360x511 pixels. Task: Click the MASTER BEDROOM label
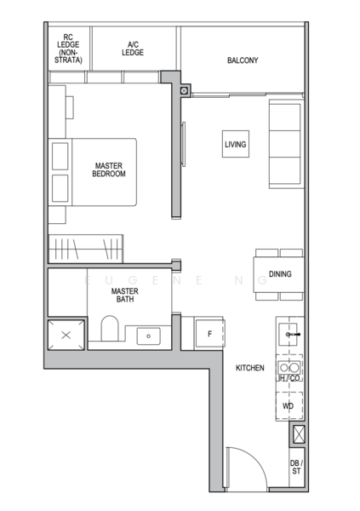pyautogui.click(x=109, y=169)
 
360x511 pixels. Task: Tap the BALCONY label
pyautogui.click(x=243, y=60)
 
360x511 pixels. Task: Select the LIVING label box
pyautogui.click(x=235, y=145)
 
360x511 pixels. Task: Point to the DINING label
pyautogui.click(x=280, y=274)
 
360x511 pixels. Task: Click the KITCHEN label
pyautogui.click(x=249, y=368)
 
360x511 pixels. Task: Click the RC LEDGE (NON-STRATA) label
pyautogui.click(x=69, y=49)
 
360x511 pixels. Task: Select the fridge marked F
pyautogui.click(x=209, y=334)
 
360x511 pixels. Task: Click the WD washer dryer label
pyautogui.click(x=289, y=407)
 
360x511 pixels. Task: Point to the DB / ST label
pyautogui.click(x=294, y=467)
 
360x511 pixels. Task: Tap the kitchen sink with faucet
pyautogui.click(x=289, y=335)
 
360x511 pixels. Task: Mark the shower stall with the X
pyautogui.click(x=66, y=335)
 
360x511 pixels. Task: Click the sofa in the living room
pyautogui.click(x=284, y=143)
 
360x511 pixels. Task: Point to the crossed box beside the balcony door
pyautogui.click(x=185, y=91)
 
